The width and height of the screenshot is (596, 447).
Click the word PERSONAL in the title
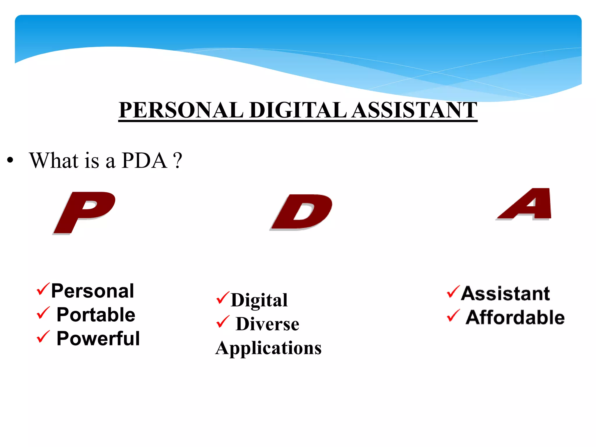181,110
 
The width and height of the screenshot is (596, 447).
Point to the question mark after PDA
177,161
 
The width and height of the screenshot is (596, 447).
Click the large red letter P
84,212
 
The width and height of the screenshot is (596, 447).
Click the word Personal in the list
93,291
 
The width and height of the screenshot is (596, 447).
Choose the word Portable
96,315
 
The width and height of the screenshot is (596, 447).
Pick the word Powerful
98,338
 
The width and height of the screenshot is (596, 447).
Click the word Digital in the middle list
259,300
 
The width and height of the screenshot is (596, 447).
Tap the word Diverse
267,324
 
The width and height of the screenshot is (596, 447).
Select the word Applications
268,348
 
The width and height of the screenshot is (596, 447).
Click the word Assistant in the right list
505,293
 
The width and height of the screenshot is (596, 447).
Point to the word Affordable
515,317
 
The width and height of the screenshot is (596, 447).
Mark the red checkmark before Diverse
223,322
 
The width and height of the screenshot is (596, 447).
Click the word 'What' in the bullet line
54,161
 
